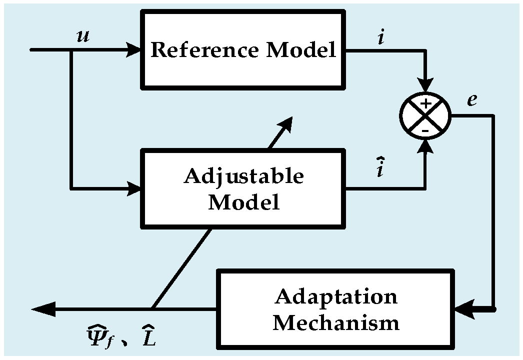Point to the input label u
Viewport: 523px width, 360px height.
pos(83,36)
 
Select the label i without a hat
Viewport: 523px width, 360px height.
pos(381,37)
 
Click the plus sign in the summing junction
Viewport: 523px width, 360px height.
pos(425,104)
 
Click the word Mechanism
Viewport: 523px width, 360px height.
pos(336,322)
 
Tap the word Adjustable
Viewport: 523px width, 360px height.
pos(244,176)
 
